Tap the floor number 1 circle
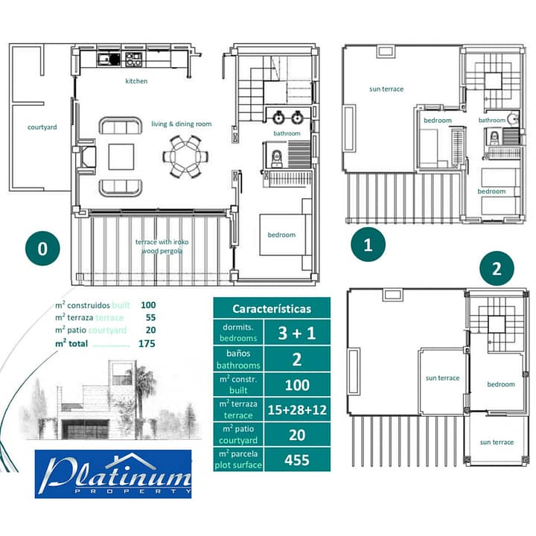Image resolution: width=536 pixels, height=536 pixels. pos(368,243)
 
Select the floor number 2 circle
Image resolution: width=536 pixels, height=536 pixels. pos(496,269)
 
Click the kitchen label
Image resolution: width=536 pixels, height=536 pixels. pos(136,81)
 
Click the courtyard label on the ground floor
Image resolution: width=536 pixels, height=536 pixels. pos(42,127)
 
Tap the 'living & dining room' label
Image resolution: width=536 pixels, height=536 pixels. pos(182,124)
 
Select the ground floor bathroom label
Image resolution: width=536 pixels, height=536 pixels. pos(287,134)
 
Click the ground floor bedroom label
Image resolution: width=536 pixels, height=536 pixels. pos(281,235)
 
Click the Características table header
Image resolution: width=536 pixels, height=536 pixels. pos(272,308)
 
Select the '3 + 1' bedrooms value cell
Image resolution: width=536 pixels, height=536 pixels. pos(297,332)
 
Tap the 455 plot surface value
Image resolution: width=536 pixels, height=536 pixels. pos(297,460)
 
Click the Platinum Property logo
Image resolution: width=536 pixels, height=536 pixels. pos(113,473)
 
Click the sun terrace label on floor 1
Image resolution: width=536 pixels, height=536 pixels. pos(386,89)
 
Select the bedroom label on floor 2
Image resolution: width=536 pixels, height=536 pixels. pos(500,385)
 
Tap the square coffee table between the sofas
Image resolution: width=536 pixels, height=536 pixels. pos(121,157)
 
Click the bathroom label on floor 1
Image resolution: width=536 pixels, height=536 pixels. pos(491,120)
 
